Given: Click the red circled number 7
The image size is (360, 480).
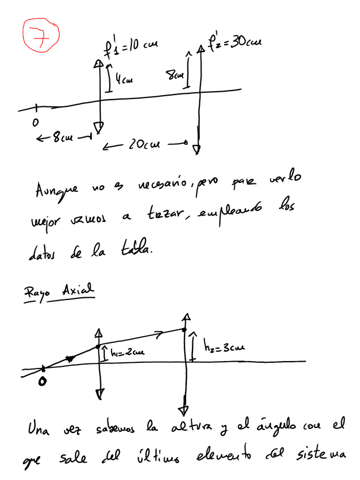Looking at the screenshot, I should point(40,36).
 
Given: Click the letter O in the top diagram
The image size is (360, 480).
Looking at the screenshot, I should point(35,122).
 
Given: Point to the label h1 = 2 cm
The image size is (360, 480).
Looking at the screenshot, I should point(127,353).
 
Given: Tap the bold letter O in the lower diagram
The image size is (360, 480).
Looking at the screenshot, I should point(43,383).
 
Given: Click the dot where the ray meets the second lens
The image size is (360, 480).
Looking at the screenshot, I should point(183,329).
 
